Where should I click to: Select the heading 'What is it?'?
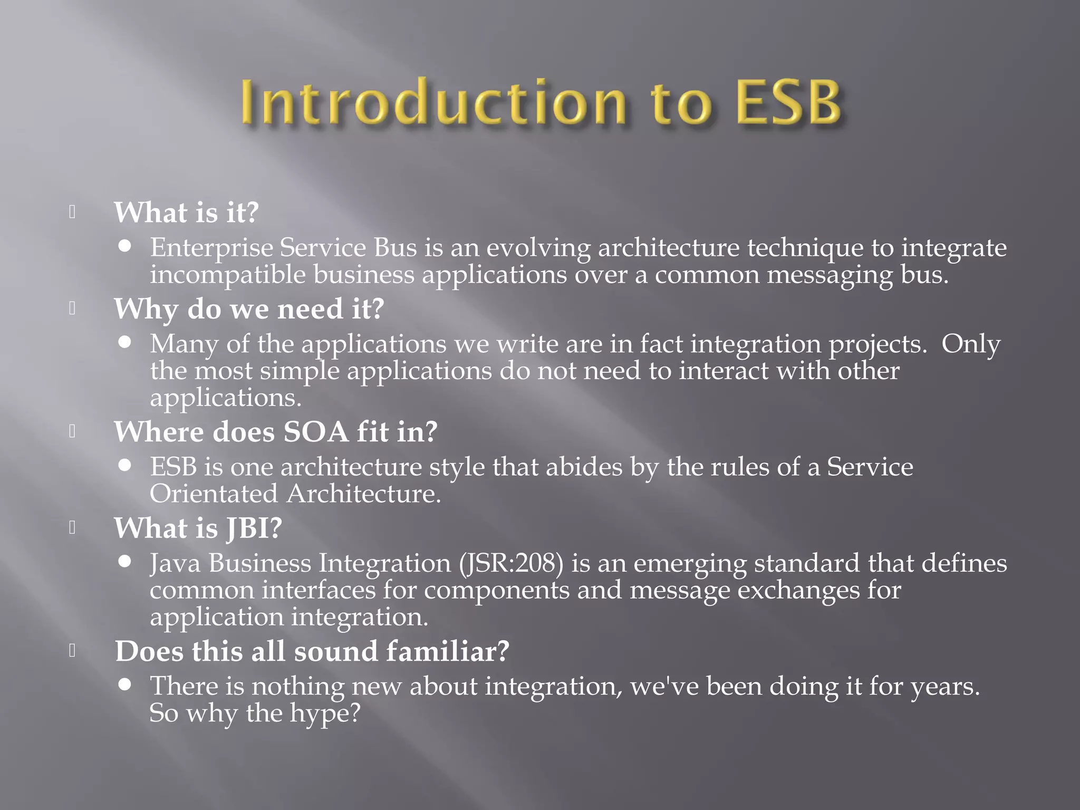tap(186, 213)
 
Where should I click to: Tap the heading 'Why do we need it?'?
tap(249, 309)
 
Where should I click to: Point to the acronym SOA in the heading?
tap(316, 432)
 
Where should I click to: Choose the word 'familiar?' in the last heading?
tap(448, 651)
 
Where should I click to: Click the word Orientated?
tap(214, 494)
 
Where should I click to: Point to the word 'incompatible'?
tap(227, 275)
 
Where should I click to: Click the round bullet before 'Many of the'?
tap(125, 342)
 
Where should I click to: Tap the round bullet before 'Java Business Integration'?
tap(125, 562)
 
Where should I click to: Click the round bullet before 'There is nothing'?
tap(125, 684)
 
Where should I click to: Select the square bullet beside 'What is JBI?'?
tap(72, 528)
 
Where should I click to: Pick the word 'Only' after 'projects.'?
tap(971, 344)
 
